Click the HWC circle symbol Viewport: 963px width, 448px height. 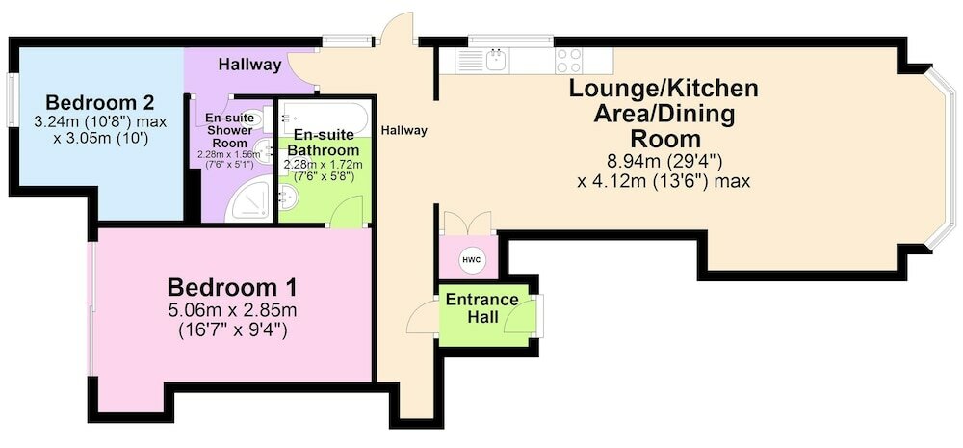[472, 259]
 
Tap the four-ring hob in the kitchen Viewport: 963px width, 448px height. [568, 61]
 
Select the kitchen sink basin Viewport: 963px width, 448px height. [494, 61]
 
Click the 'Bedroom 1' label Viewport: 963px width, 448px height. [232, 287]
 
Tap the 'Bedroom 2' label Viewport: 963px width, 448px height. [99, 101]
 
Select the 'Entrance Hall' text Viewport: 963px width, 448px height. [482, 308]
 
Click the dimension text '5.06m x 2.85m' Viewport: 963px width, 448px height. [233, 309]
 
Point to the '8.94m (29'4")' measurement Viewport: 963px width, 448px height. [664, 162]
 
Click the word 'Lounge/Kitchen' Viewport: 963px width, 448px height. [664, 89]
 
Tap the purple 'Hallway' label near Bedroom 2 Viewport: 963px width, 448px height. [250, 64]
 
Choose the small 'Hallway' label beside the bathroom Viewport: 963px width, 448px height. [403, 130]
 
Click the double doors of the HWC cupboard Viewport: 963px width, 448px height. [468, 223]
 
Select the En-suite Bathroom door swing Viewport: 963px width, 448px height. [348, 212]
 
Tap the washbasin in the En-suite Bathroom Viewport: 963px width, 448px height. [287, 196]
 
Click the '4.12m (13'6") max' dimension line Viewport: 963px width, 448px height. [664, 182]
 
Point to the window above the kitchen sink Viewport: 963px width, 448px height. [510, 40]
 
